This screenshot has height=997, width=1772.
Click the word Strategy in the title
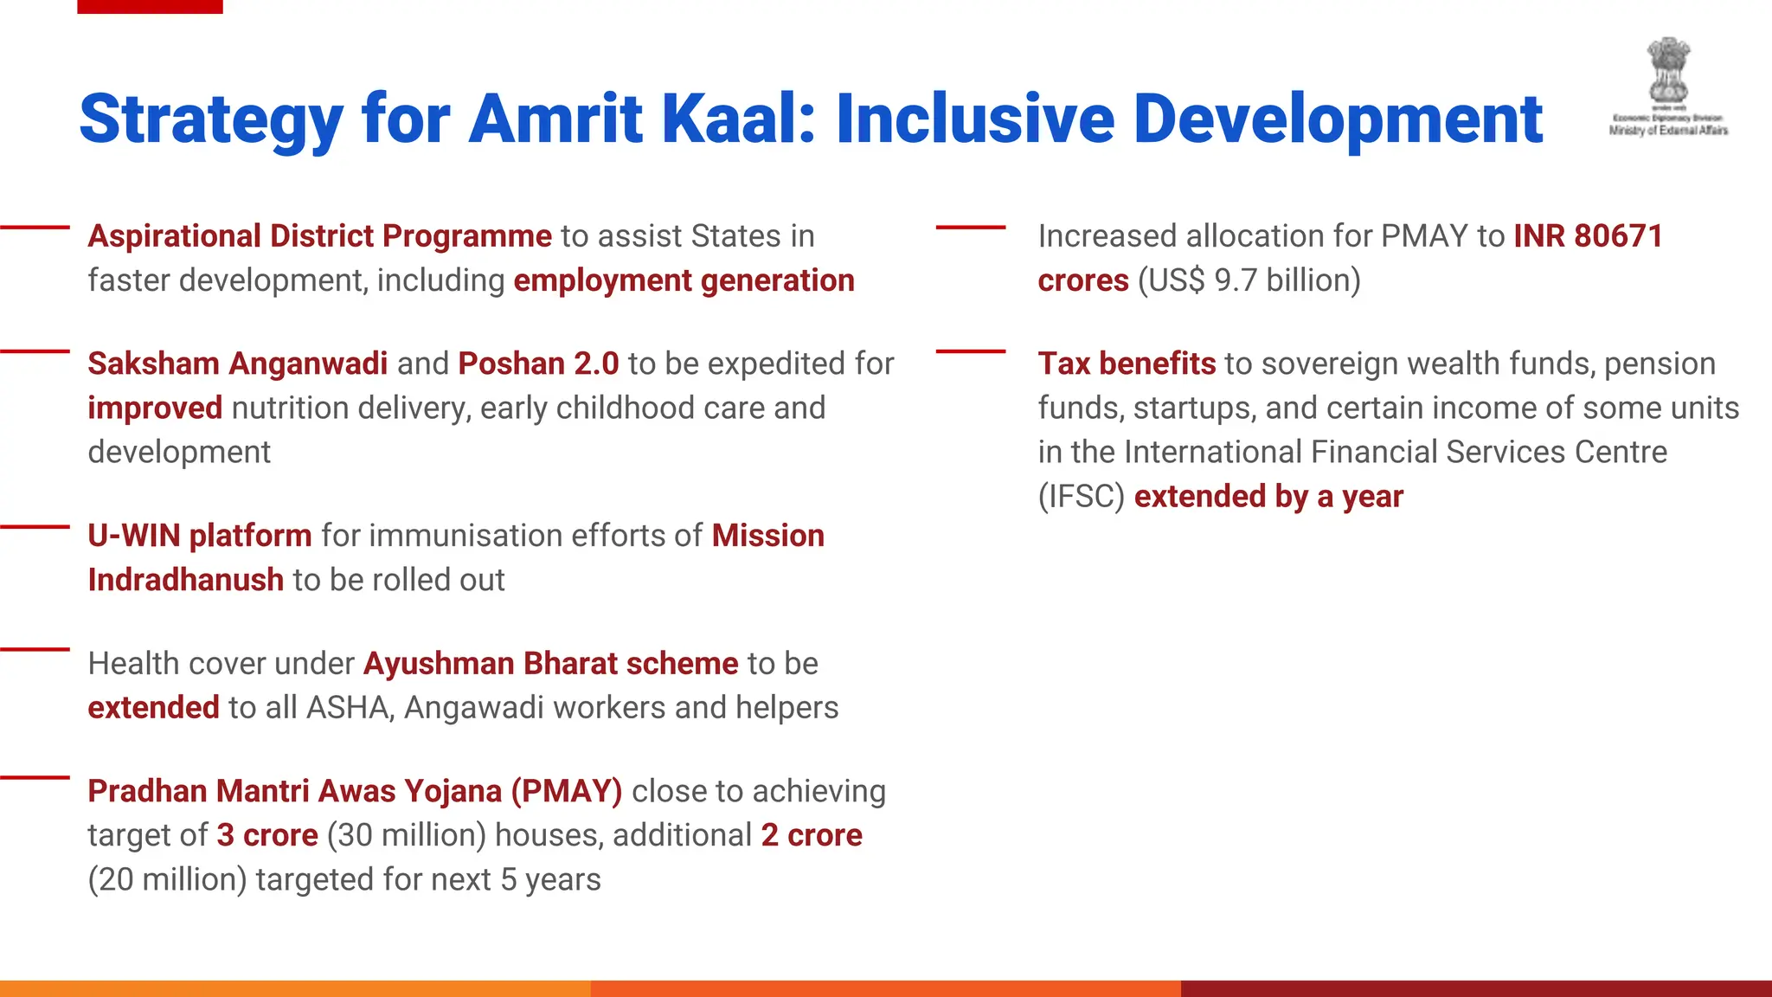(x=211, y=119)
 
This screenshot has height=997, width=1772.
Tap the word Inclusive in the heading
(x=974, y=119)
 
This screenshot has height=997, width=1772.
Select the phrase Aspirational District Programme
(x=319, y=236)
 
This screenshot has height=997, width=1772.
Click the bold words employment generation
(x=684, y=280)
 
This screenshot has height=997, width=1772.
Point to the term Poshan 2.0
(x=538, y=363)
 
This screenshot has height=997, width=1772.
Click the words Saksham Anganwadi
(x=237, y=363)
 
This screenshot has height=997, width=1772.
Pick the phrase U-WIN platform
(x=200, y=536)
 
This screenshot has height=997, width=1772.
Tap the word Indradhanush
(x=185, y=580)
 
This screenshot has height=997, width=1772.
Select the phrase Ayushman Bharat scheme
(x=550, y=664)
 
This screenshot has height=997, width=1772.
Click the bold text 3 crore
(x=267, y=835)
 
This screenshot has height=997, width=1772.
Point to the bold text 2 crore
(x=812, y=835)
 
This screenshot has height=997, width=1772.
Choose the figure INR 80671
(x=1588, y=236)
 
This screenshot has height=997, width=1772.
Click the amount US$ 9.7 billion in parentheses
(x=1249, y=280)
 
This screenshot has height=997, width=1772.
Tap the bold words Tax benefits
(x=1127, y=363)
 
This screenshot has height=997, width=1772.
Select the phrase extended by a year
(x=1268, y=497)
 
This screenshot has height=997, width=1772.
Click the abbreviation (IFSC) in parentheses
(x=1081, y=497)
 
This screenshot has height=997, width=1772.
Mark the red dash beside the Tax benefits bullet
(x=971, y=351)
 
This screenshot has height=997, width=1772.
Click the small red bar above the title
(x=150, y=6)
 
